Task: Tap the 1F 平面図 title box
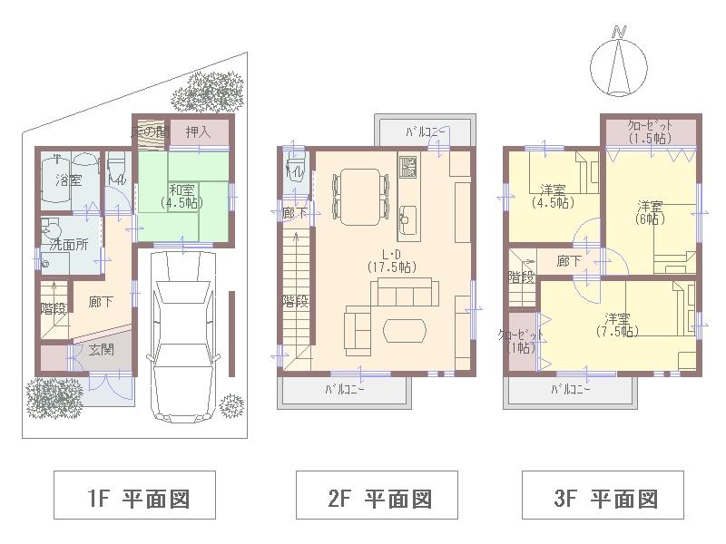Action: [135, 498]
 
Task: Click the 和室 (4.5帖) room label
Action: [181, 197]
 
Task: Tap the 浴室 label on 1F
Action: [69, 180]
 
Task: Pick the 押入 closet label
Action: [198, 132]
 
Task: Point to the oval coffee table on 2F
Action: [404, 330]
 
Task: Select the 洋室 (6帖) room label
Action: [650, 212]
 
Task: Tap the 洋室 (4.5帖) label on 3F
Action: [554, 196]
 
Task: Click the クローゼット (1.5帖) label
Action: [649, 131]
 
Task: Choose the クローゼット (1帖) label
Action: [522, 342]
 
